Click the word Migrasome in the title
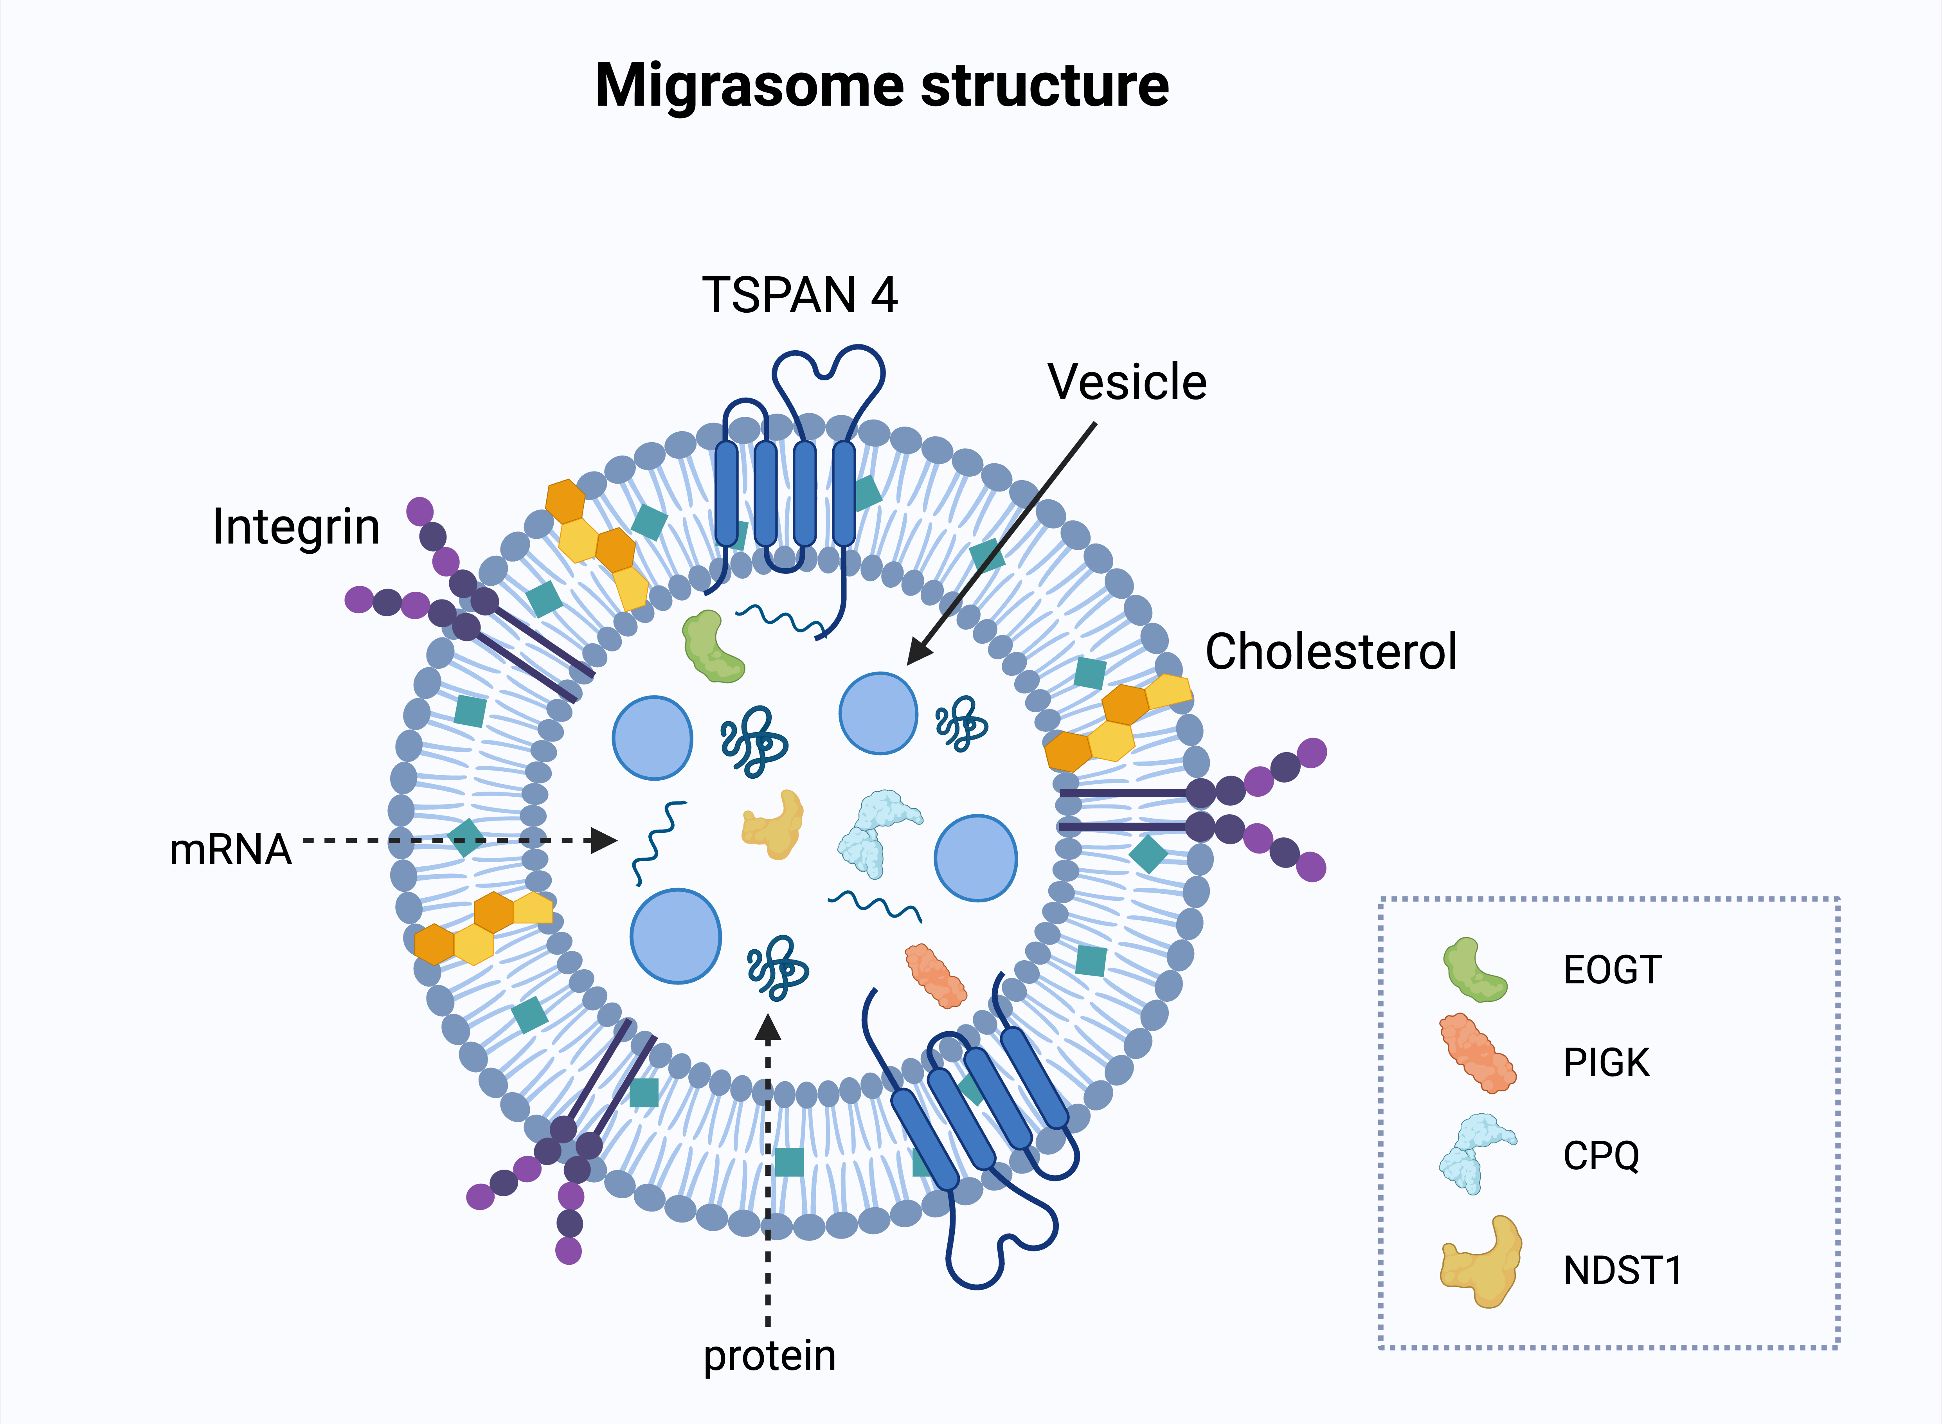(750, 86)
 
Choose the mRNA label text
(230, 850)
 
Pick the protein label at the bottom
(769, 1356)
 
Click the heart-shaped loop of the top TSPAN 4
(828, 371)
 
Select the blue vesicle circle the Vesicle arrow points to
(877, 714)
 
